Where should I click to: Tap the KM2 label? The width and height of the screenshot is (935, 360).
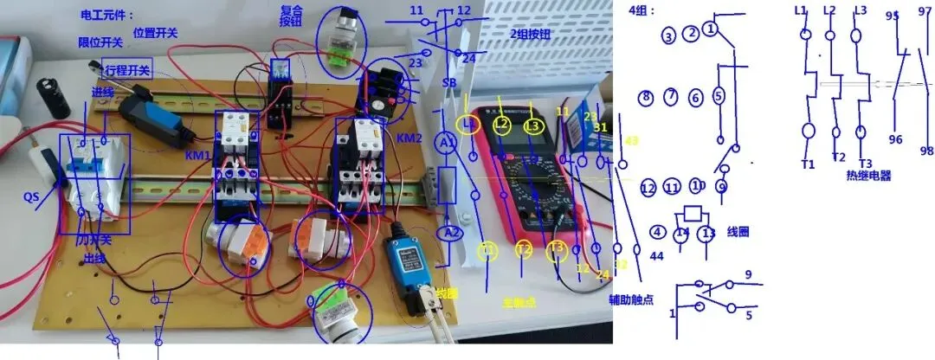pos(409,138)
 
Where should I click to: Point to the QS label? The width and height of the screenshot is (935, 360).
pos(34,197)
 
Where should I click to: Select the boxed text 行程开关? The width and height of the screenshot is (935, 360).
pos(126,70)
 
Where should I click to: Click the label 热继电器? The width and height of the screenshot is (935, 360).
pos(868,175)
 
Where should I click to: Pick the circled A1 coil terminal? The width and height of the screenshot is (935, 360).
pos(446,143)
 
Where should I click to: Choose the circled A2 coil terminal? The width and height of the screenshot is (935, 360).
pos(448,233)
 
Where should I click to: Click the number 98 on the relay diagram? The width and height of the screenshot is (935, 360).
pos(926,151)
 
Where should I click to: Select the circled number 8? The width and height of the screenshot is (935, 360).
pos(646,97)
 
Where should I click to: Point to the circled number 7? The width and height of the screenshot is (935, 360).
pos(671,95)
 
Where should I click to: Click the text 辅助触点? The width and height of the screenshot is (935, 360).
pos(631,299)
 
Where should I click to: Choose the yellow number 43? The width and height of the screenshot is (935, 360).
pos(631,141)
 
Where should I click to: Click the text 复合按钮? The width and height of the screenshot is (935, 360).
pos(291,16)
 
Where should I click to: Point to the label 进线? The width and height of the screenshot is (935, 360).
pos(103,93)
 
